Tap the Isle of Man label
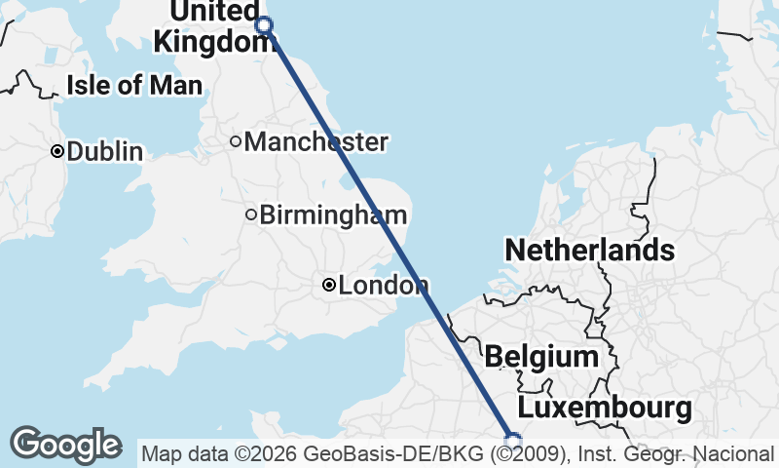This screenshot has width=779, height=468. pos(134,85)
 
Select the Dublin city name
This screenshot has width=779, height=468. pos(105,152)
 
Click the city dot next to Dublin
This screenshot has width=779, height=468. pos(57,151)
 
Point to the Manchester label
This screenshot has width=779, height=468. pos(315,142)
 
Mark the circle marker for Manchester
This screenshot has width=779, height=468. pos(235,141)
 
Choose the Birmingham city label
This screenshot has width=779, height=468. pos(333,214)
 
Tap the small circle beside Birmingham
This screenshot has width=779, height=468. pos(251,214)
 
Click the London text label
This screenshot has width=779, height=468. pos(385,286)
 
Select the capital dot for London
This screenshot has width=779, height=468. pos(329,285)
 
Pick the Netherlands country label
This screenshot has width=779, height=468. pos(589,251)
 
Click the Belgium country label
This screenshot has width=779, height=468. pos(541,357)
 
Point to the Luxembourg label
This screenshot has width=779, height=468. pos(605,408)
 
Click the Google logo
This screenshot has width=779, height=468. pos(66,445)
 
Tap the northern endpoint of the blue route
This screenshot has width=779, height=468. pos(263,25)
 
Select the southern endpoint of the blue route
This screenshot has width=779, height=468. pos(513,441)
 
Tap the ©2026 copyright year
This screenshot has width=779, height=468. pos(269,454)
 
